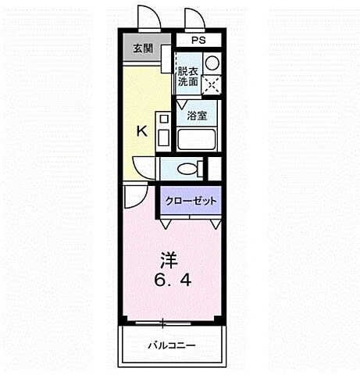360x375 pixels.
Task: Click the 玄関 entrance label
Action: [142, 49]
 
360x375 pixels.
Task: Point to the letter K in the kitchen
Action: [142, 131]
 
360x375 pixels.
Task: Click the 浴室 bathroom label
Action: [197, 116]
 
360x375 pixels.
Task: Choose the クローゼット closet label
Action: [191, 201]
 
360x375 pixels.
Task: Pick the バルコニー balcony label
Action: [173, 345]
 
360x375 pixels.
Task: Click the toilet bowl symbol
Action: [187, 168]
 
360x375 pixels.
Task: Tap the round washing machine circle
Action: [212, 62]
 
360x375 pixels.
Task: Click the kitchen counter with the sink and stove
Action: [164, 130]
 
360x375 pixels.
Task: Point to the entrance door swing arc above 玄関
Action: [147, 17]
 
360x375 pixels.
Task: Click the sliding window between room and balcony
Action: [164, 322]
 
